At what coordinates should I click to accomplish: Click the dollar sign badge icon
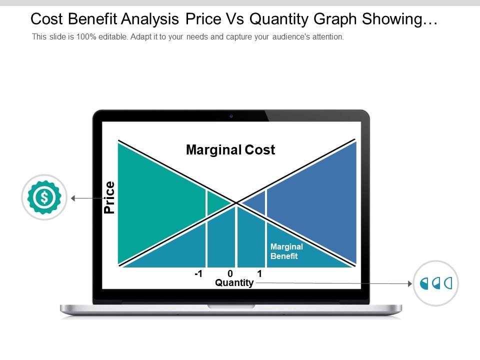(44, 197)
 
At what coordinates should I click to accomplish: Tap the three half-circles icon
(436, 283)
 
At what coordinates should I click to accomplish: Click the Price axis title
(109, 197)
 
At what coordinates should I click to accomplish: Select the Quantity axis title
(234, 282)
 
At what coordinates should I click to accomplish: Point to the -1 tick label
(198, 273)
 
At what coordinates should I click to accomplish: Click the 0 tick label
(230, 273)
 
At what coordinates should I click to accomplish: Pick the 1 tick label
(259, 273)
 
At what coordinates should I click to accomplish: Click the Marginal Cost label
(230, 149)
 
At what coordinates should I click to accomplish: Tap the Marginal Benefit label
(286, 251)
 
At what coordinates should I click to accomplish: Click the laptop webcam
(231, 116)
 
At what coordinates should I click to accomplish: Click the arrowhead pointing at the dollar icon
(73, 198)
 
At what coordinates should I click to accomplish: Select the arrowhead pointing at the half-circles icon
(410, 284)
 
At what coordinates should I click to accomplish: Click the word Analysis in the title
(150, 19)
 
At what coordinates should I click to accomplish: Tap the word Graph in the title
(335, 19)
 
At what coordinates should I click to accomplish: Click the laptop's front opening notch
(231, 306)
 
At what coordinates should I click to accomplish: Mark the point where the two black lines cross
(236, 202)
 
